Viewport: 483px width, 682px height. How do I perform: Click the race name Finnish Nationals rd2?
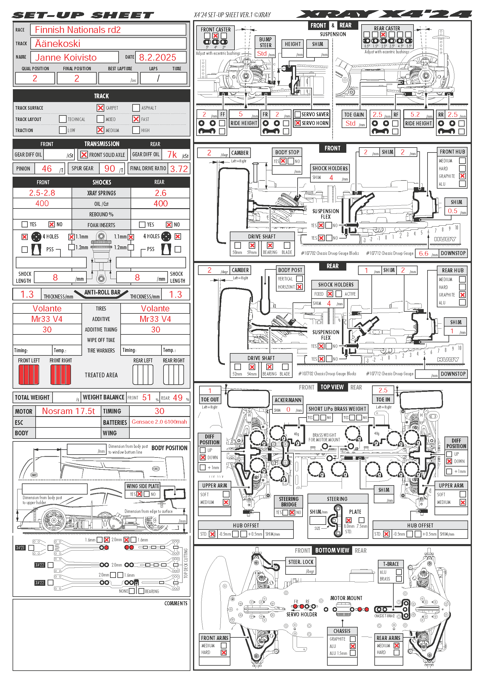(78, 30)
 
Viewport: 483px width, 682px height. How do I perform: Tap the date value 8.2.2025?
(157, 57)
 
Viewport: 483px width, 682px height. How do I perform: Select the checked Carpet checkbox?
(100, 108)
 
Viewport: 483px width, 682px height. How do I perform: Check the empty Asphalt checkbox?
(136, 108)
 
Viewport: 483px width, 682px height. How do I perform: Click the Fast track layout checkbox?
(136, 119)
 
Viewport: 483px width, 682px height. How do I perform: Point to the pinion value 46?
(47, 169)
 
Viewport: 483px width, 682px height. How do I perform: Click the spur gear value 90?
(110, 169)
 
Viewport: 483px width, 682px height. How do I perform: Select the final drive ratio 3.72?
(179, 169)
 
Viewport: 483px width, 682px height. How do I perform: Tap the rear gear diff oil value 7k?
(172, 155)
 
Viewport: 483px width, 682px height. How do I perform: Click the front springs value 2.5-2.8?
(42, 193)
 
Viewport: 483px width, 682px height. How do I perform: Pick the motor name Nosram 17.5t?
(68, 411)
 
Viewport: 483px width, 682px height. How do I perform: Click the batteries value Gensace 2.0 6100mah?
(159, 422)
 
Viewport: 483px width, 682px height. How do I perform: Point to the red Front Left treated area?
(29, 375)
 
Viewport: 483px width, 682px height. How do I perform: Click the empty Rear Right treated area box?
(174, 375)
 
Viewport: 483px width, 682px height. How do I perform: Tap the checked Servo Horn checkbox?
(297, 123)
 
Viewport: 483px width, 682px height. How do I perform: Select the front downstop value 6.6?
(423, 253)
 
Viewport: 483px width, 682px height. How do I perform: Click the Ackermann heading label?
(288, 400)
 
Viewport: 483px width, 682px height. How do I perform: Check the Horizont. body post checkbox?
(300, 287)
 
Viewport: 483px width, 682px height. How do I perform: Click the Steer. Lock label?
(301, 562)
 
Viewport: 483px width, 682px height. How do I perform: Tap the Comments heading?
(176, 603)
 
